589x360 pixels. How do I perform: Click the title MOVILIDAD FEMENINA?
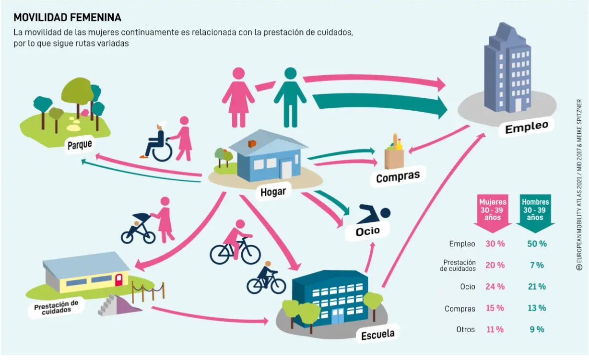pos(67,18)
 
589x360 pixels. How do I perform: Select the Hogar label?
pos(273,192)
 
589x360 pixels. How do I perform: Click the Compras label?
pos(398,177)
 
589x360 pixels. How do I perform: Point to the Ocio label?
pos(367,231)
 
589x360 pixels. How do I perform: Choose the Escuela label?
pos(377,334)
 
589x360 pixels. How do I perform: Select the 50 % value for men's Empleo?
pos(536,244)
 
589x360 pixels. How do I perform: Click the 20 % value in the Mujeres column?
pos(495,265)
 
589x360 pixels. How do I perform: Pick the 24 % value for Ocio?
pos(495,287)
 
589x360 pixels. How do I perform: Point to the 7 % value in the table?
pos(536,265)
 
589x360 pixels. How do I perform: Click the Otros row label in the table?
pos(466,329)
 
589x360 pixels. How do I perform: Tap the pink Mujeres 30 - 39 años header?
pos(493,210)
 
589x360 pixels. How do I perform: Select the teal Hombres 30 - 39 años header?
pos(535,210)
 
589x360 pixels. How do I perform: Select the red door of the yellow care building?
pos(118,279)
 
